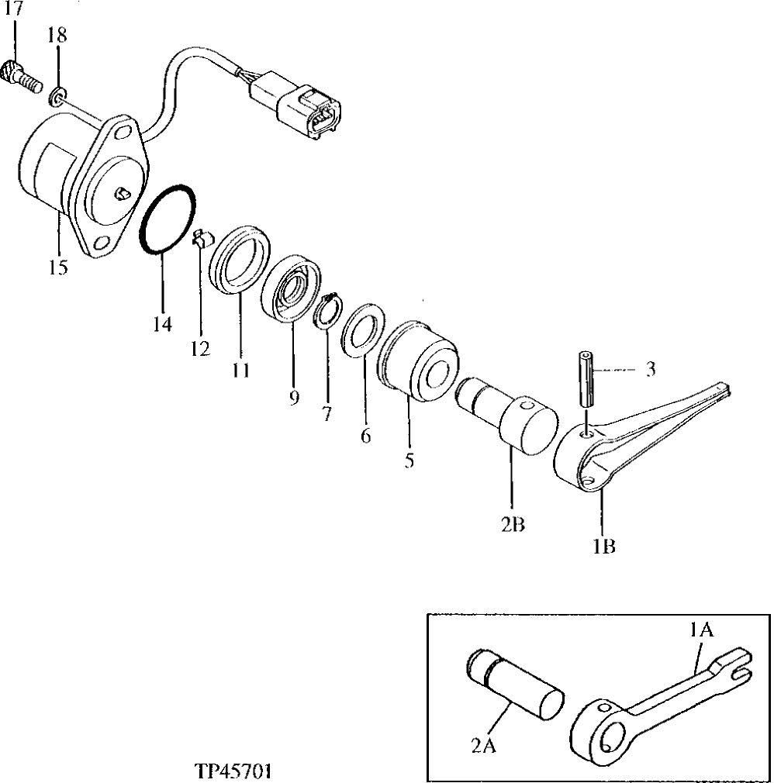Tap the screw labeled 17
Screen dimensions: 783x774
click(x=21, y=74)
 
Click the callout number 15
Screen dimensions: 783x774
click(x=57, y=268)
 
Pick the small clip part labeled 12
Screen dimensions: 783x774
click(x=199, y=236)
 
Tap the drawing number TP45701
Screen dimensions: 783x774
click(x=233, y=771)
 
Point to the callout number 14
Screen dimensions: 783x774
click(x=162, y=324)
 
